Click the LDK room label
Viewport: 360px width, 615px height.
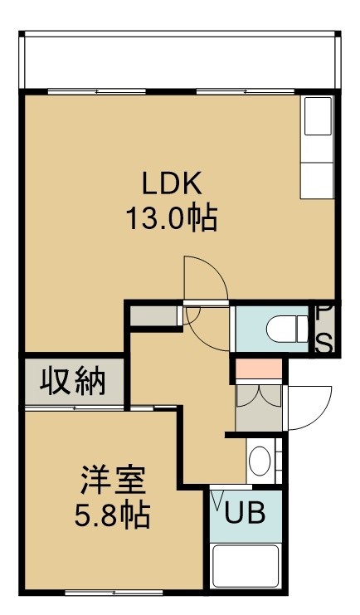[x=172, y=183]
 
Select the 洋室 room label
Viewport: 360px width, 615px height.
[x=114, y=480]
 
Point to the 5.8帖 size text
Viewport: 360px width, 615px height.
[x=113, y=515]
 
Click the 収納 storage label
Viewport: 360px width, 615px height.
[x=73, y=380]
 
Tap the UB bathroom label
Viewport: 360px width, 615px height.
[x=245, y=512]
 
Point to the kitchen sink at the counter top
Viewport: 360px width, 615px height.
[x=318, y=116]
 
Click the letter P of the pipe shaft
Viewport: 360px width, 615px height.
[x=325, y=313]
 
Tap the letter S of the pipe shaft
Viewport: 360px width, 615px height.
[x=325, y=344]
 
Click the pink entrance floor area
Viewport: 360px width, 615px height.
[x=259, y=369]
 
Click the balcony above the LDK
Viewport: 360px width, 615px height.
[x=180, y=62]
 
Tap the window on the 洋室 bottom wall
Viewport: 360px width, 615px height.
[x=114, y=593]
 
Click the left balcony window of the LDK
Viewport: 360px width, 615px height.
[x=97, y=92]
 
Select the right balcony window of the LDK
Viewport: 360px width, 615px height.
[x=245, y=92]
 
